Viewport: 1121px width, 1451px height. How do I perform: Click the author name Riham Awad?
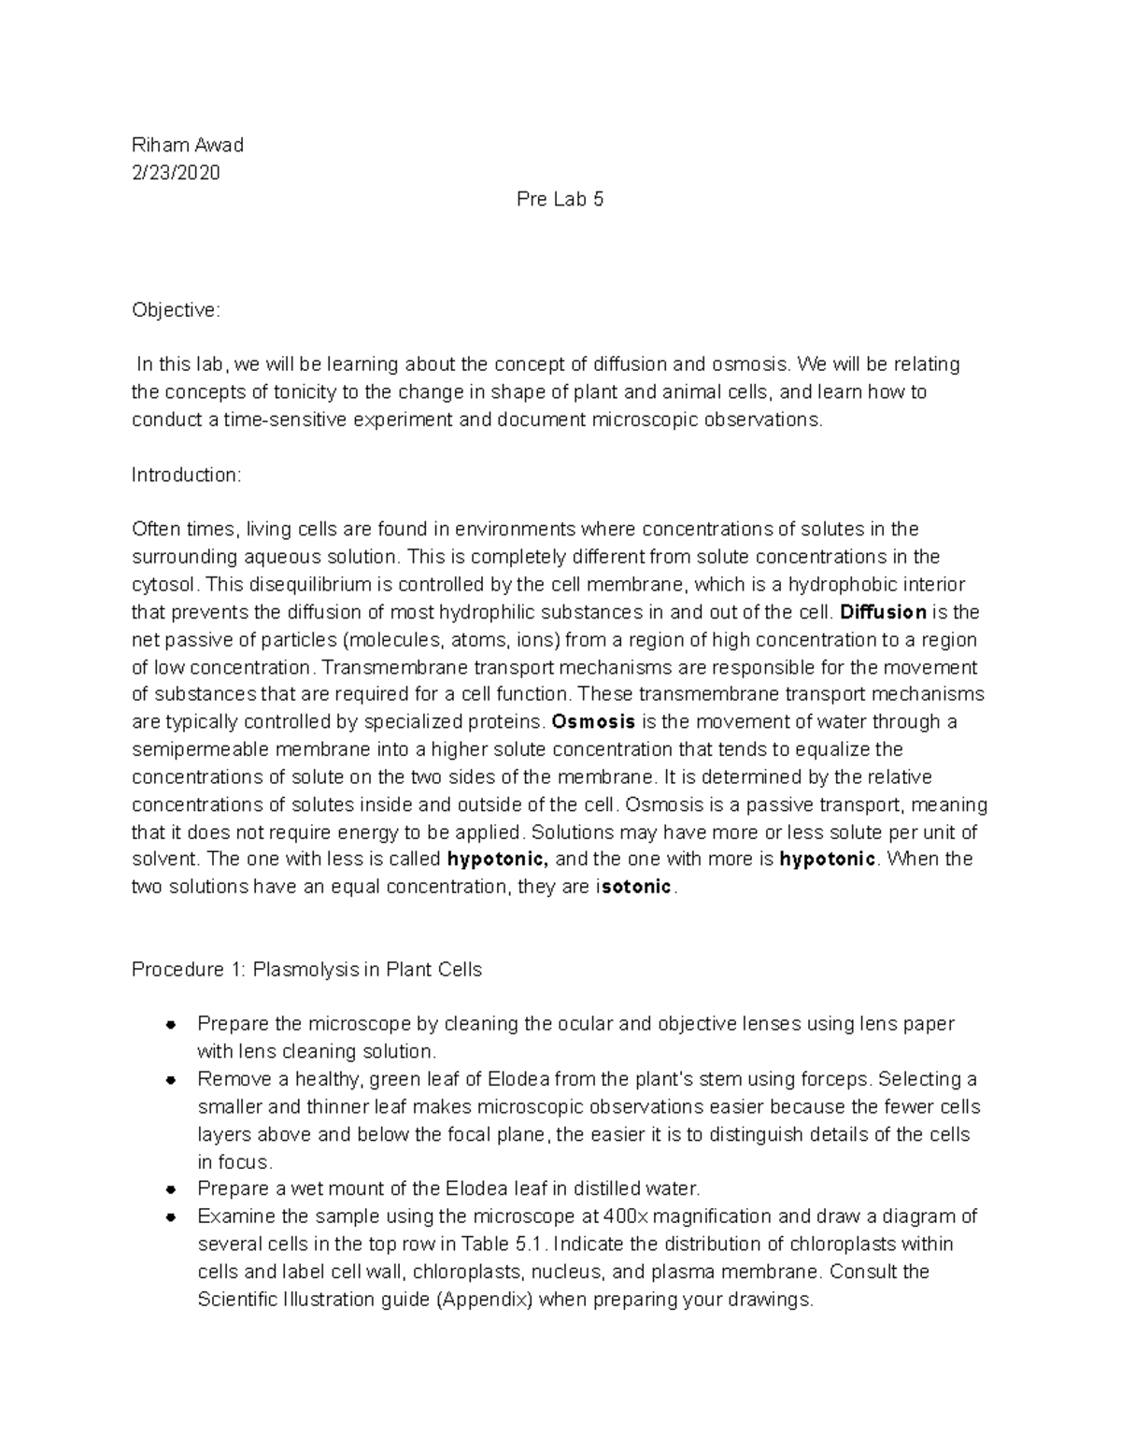[187, 145]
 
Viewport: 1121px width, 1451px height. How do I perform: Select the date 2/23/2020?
[176, 172]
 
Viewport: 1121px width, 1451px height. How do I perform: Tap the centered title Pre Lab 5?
[560, 200]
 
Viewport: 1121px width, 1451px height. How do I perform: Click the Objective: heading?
[176, 310]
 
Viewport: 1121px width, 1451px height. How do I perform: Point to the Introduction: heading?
[186, 475]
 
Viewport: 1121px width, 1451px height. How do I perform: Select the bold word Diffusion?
[883, 613]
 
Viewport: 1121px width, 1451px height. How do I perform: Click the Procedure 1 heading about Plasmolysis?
[306, 970]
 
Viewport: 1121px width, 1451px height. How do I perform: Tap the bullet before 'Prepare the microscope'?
[171, 1025]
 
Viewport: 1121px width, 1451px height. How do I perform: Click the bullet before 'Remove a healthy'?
[171, 1080]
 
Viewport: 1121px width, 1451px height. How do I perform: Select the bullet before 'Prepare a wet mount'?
[171, 1190]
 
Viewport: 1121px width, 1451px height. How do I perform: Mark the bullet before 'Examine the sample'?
[171, 1217]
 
